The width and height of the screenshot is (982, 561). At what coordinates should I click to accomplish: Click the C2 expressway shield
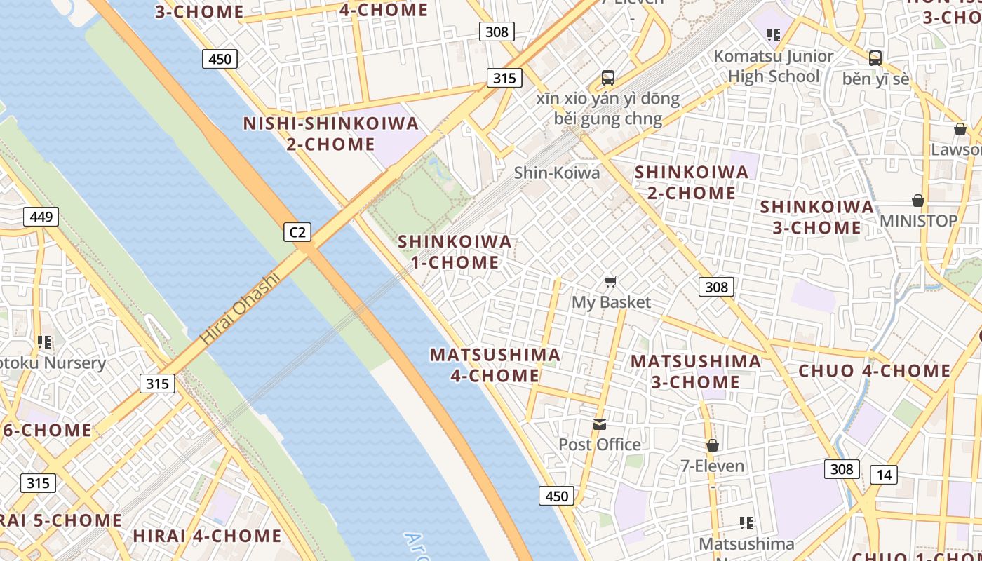click(x=297, y=231)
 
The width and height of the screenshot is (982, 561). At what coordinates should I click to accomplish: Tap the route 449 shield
click(x=41, y=217)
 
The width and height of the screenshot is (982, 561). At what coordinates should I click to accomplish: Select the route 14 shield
click(x=884, y=475)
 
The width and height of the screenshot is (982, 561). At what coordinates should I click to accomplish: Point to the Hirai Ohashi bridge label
click(x=240, y=307)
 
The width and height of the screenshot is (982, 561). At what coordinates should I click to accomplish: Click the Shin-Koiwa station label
click(x=557, y=173)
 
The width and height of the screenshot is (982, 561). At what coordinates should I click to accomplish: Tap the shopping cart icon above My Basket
click(x=611, y=282)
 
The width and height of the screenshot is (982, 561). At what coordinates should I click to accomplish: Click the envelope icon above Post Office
click(x=600, y=424)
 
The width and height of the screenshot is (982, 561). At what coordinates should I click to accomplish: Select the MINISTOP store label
click(x=918, y=221)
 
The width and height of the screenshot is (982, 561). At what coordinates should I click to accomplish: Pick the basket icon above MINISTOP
click(x=918, y=201)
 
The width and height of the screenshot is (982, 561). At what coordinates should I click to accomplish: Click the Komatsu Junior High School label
click(x=774, y=66)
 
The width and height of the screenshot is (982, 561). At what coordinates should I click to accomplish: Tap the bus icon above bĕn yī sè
click(x=875, y=58)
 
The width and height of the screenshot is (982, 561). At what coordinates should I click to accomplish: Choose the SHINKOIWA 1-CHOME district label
click(x=455, y=252)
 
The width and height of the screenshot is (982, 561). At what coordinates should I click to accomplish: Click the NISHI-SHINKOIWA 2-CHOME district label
click(x=330, y=134)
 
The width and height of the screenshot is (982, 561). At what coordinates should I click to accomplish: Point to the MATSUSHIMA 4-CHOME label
click(x=495, y=365)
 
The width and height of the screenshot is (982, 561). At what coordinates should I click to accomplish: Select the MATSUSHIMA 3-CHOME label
click(x=695, y=372)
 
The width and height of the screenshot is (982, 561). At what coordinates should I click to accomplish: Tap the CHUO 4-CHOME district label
click(x=875, y=371)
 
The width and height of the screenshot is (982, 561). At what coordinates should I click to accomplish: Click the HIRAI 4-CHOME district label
click(x=208, y=536)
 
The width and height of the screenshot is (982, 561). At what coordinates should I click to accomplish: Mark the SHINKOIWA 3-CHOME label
click(x=817, y=217)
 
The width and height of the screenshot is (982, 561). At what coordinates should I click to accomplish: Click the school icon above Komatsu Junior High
click(x=774, y=34)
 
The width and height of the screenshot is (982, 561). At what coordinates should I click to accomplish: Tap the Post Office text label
click(x=600, y=445)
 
